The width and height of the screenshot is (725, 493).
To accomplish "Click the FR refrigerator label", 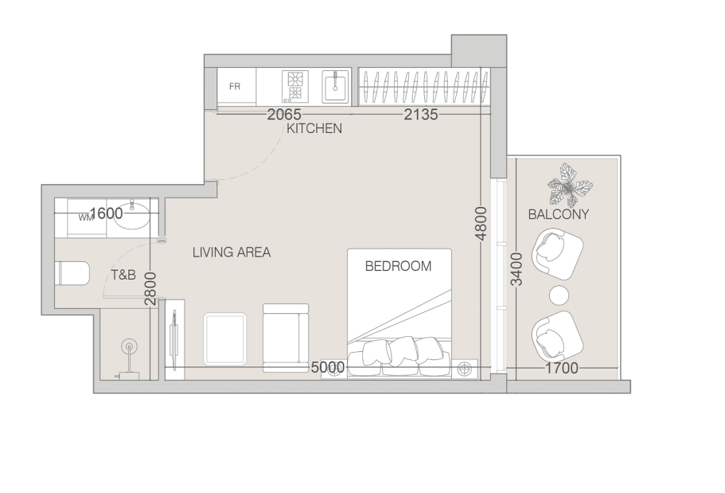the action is click(235, 87).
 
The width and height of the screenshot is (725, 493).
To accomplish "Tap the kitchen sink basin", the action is click(336, 86).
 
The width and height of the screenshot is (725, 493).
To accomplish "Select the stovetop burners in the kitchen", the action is click(294, 86).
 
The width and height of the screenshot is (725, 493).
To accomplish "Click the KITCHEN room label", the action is click(314, 128).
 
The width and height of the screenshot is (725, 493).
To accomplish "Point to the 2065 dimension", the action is click(284, 114).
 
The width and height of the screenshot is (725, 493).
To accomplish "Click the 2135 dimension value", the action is click(421, 114).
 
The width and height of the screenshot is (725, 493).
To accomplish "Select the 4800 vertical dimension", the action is click(481, 224).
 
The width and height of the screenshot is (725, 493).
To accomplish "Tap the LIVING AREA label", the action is click(232, 252).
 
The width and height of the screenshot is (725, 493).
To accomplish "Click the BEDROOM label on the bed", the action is click(398, 266).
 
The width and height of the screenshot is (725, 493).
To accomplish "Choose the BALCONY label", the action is click(559, 214).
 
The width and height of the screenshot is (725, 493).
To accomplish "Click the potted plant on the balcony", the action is click(570, 186).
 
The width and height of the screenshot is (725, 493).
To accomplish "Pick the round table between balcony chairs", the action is click(559, 295).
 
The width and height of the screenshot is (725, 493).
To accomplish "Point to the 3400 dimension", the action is click(517, 269).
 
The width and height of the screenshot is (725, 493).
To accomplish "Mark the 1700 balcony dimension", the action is click(562, 368).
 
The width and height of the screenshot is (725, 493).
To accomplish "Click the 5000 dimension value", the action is click(328, 367).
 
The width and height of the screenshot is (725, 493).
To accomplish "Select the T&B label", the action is click(123, 275).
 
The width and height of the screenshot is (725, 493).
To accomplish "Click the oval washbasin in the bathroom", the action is click(132, 217).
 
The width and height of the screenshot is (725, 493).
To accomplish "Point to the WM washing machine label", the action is click(85, 217).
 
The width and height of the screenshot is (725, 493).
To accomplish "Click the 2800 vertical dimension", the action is click(150, 289).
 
